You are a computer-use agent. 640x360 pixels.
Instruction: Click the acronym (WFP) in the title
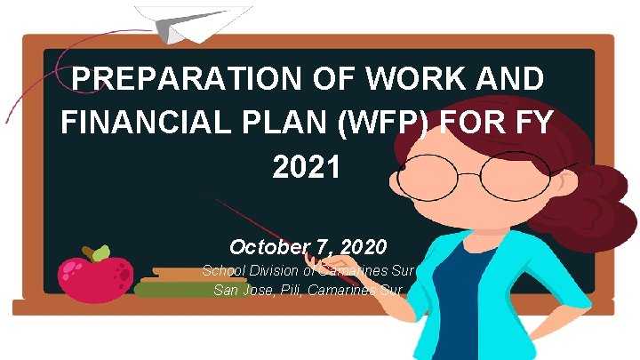pyautogui.click(x=412, y=123)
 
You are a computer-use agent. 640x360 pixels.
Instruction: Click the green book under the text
pyautogui.click(x=173, y=289)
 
